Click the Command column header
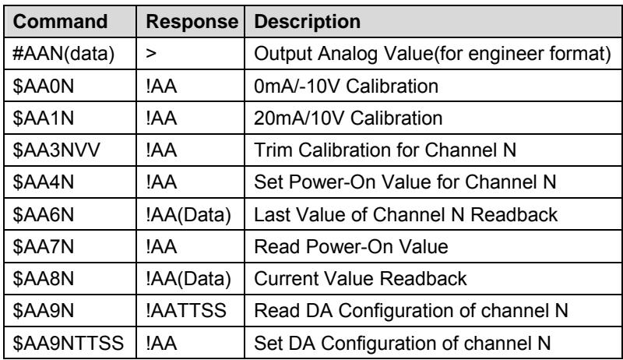[x=60, y=22]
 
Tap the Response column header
[x=192, y=22]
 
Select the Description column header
[x=307, y=22]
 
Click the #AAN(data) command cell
[x=64, y=54]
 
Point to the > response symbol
[x=151, y=54]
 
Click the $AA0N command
[x=44, y=86]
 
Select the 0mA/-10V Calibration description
[x=346, y=86]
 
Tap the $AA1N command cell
[x=44, y=118]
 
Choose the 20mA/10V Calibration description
[x=348, y=118]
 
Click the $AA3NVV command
[x=56, y=150]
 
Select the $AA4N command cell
[x=44, y=182]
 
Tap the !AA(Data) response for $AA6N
[x=188, y=215]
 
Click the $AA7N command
[x=44, y=247]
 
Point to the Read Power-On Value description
[x=351, y=247]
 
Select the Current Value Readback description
[x=361, y=279]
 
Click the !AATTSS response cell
[x=186, y=311]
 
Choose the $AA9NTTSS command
[x=68, y=343]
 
